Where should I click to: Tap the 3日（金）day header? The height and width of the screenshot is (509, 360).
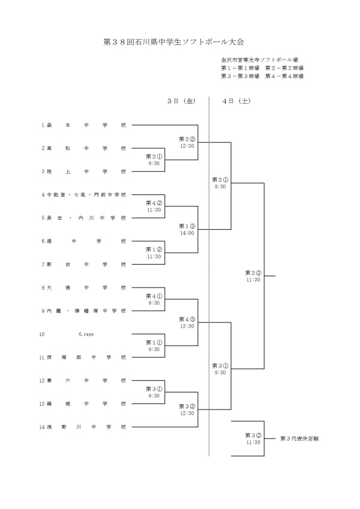tap(181, 101)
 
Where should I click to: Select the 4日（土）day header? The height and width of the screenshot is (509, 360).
tap(235, 101)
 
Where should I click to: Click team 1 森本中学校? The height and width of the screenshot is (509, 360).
tap(84, 125)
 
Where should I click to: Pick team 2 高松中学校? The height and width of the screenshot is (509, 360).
tap(84, 148)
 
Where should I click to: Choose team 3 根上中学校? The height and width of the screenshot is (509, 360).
tap(84, 171)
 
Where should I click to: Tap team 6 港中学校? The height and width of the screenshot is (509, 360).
tap(84, 241)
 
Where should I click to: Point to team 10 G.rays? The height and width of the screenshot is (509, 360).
tap(84, 334)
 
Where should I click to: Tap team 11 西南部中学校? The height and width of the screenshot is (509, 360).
tap(84, 357)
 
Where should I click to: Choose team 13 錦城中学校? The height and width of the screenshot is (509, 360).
tap(84, 403)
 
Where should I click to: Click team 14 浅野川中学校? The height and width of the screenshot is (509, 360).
tap(84, 427)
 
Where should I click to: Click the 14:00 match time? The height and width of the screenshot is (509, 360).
tap(187, 233)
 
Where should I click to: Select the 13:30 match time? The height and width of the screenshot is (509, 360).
tap(187, 326)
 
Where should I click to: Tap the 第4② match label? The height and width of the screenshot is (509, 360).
tap(154, 203)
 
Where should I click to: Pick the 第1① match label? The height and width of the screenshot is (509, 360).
tap(154, 342)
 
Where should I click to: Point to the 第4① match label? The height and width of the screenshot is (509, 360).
tap(154, 296)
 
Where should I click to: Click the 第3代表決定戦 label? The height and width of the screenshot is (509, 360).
tap(299, 439)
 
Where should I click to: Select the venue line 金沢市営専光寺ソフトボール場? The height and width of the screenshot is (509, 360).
tap(259, 60)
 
